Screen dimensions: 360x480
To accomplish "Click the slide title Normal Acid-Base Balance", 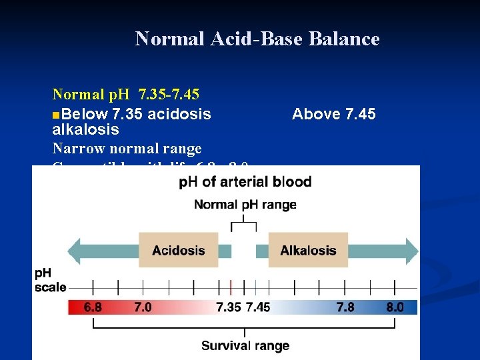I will [257, 39].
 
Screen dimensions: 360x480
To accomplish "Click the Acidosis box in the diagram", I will [178, 251].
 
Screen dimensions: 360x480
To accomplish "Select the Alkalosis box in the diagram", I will [308, 251].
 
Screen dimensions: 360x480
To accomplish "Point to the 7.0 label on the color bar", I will [143, 307].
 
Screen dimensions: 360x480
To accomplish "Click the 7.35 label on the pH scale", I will [229, 307].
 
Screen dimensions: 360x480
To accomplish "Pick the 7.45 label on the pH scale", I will [259, 307].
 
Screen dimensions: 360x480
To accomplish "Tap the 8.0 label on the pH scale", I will [395, 307].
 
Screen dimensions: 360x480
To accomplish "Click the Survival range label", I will [245, 345].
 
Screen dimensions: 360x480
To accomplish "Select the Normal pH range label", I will [245, 205].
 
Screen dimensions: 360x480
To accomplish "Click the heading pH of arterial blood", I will [245, 182].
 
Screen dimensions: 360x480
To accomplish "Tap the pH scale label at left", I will [50, 281].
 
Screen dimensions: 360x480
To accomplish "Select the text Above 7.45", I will [333, 114].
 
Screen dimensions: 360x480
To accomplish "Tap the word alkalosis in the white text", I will [85, 129].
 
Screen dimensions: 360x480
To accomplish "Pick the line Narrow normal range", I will [127, 147].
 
